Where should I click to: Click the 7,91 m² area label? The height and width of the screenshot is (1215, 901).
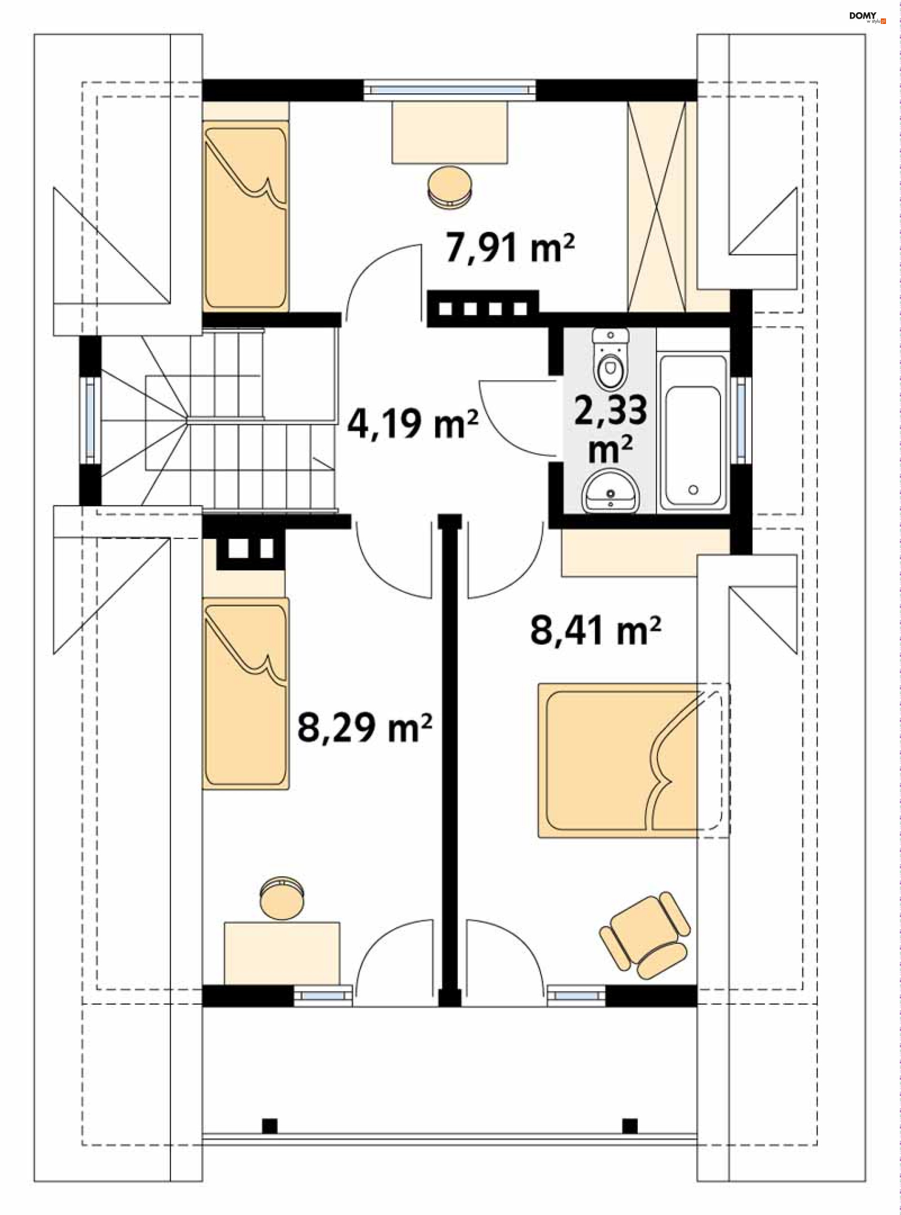[510, 248]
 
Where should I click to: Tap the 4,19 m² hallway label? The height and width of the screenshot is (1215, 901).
[413, 424]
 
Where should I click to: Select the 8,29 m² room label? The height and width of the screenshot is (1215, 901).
[364, 727]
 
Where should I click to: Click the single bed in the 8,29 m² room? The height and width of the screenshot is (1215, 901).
[245, 693]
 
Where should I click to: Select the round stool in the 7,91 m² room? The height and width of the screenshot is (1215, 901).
[450, 186]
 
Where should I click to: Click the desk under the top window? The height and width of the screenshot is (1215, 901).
[450, 132]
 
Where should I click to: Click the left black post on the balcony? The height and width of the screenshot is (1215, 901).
[269, 1126]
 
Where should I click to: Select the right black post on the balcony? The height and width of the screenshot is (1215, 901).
[630, 1126]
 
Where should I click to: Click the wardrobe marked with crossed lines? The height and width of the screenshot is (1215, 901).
[657, 206]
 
